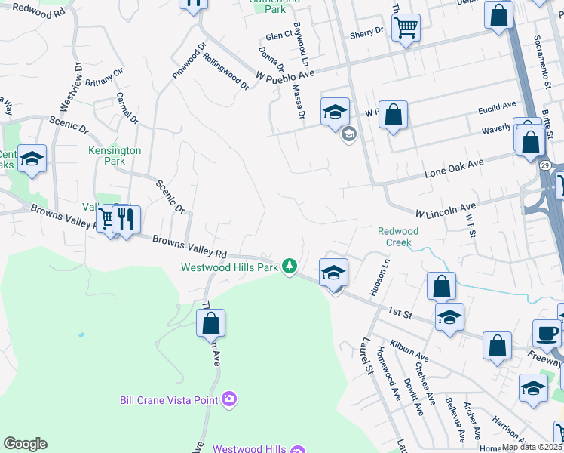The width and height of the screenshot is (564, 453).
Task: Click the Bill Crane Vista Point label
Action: pos(169,399)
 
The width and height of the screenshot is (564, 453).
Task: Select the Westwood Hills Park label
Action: pos(229,267)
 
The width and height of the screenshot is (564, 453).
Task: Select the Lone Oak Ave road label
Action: pos(453,168)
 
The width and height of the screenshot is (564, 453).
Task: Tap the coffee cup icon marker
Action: pos(547,333)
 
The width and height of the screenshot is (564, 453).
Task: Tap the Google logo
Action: pos(25,444)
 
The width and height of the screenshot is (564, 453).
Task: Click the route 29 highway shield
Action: pos(545,164)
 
